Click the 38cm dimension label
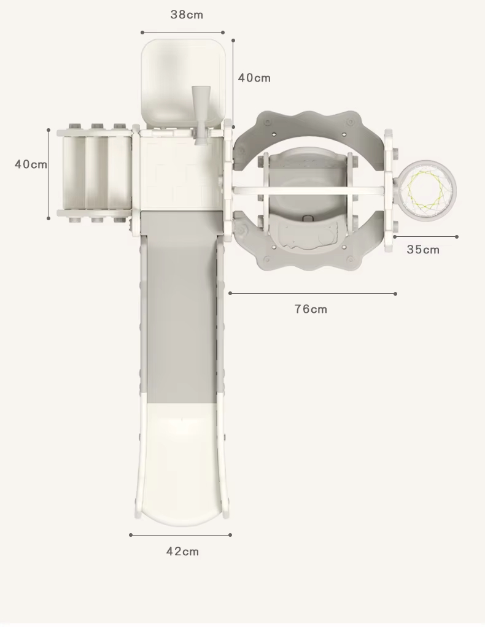pos(187,15)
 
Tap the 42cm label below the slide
pos(182,552)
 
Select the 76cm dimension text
pos(311,309)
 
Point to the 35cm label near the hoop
pos(423,250)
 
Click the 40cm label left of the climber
pos(31,164)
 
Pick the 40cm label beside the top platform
pos(254,78)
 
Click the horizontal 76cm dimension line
pos(312,293)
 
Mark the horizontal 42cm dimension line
pos(180,535)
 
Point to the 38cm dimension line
pos(182,32)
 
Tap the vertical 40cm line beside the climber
pos(49,174)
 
